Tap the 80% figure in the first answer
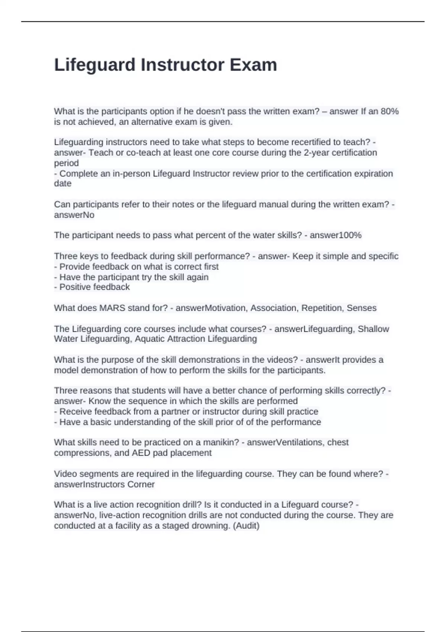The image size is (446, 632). pos(390,111)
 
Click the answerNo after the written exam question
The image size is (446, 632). pos(74,215)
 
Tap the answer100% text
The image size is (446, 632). pos(336,235)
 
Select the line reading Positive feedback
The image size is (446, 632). pos(94,287)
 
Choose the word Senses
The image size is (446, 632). pos(361,308)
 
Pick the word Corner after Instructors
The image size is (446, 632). pos(141,484)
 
